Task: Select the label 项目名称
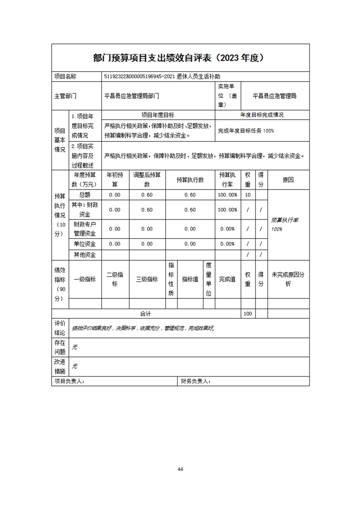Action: point(65,77)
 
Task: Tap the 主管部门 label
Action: point(65,96)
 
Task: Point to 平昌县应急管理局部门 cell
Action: point(132,96)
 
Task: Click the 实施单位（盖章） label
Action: point(227,95)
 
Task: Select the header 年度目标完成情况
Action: point(262,115)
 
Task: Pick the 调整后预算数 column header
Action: point(147,180)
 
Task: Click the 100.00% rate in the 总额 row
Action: point(227,195)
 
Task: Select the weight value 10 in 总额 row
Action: point(247,195)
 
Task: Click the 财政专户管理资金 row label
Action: point(85,229)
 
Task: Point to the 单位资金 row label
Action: point(85,244)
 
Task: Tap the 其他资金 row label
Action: point(85,254)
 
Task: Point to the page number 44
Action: point(180,469)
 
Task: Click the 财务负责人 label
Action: point(195,382)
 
